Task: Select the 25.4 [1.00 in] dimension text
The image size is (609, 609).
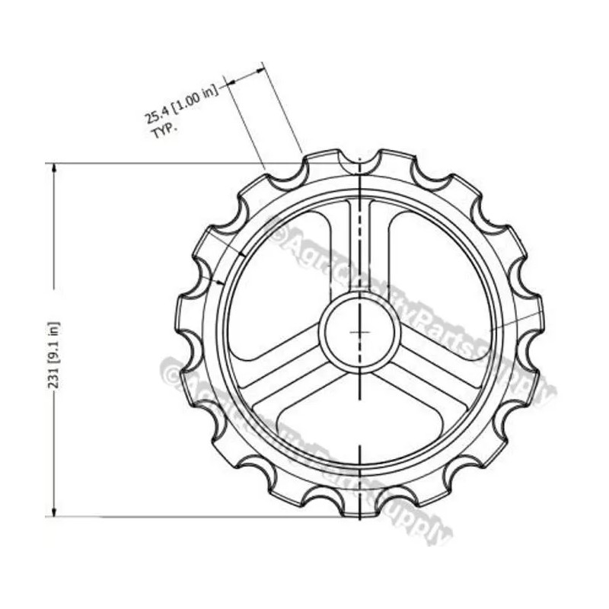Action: [x=181, y=104]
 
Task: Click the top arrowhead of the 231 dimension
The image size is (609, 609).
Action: [x=54, y=169]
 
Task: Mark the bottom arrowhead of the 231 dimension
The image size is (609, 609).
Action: [x=54, y=511]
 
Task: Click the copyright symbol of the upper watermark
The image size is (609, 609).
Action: [x=277, y=231]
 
